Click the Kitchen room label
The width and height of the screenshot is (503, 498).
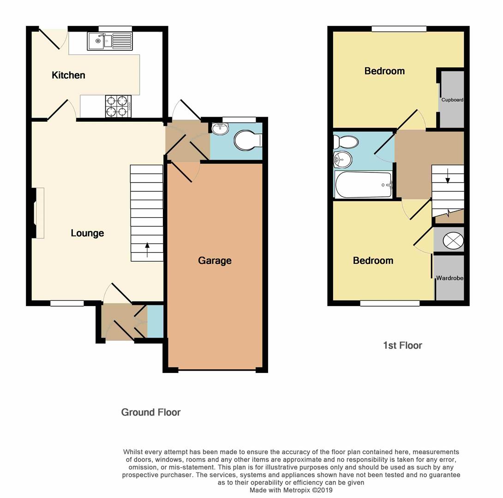pos(68,75)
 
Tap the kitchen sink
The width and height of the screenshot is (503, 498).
pos(109,41)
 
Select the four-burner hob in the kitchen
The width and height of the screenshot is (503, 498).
pos(118,106)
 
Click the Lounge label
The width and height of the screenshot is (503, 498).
pos(87,233)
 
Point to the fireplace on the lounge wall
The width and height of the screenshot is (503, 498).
pos(39,213)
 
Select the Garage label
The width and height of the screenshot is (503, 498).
pos(215,261)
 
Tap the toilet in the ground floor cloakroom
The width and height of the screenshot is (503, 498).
pos(247,140)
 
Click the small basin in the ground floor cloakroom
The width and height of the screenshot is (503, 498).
pos(220,129)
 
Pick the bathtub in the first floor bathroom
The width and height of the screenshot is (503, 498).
pos(364,185)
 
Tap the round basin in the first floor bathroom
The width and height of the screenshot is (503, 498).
pos(342,160)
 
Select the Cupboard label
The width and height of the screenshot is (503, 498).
pos(452,100)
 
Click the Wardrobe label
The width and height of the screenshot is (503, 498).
pos(449,278)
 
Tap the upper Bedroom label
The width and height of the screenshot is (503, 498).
pos(384,71)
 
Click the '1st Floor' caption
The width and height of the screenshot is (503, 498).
pos(402,345)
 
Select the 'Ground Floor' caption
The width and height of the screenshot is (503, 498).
pos(151,412)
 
